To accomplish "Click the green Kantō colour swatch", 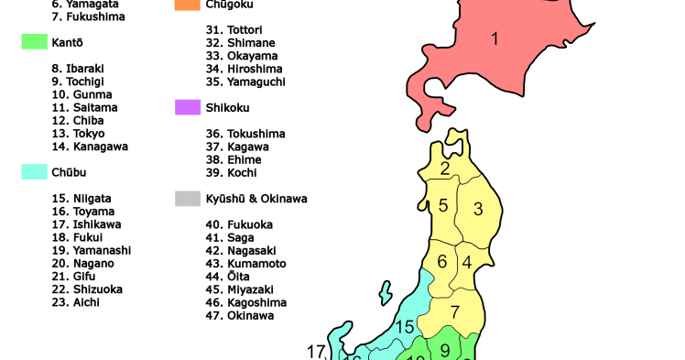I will tap(34, 42).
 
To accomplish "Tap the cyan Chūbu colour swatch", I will tap(34, 171).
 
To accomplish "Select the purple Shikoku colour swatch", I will tap(188, 107).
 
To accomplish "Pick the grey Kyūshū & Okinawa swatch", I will tap(188, 198).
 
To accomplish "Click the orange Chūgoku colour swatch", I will tap(188, 5).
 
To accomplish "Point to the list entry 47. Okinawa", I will tap(240, 315).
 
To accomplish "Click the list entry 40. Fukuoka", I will tap(240, 224).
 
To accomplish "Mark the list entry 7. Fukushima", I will tap(89, 16).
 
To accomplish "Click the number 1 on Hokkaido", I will tap(495, 39).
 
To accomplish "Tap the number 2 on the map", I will tap(445, 169).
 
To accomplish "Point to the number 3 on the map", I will tap(478, 209).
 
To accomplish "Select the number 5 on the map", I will tap(443, 205).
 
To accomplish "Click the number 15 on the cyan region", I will tap(405, 327).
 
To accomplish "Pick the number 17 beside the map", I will tap(317, 351).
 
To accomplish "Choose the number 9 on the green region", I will tap(445, 348).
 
